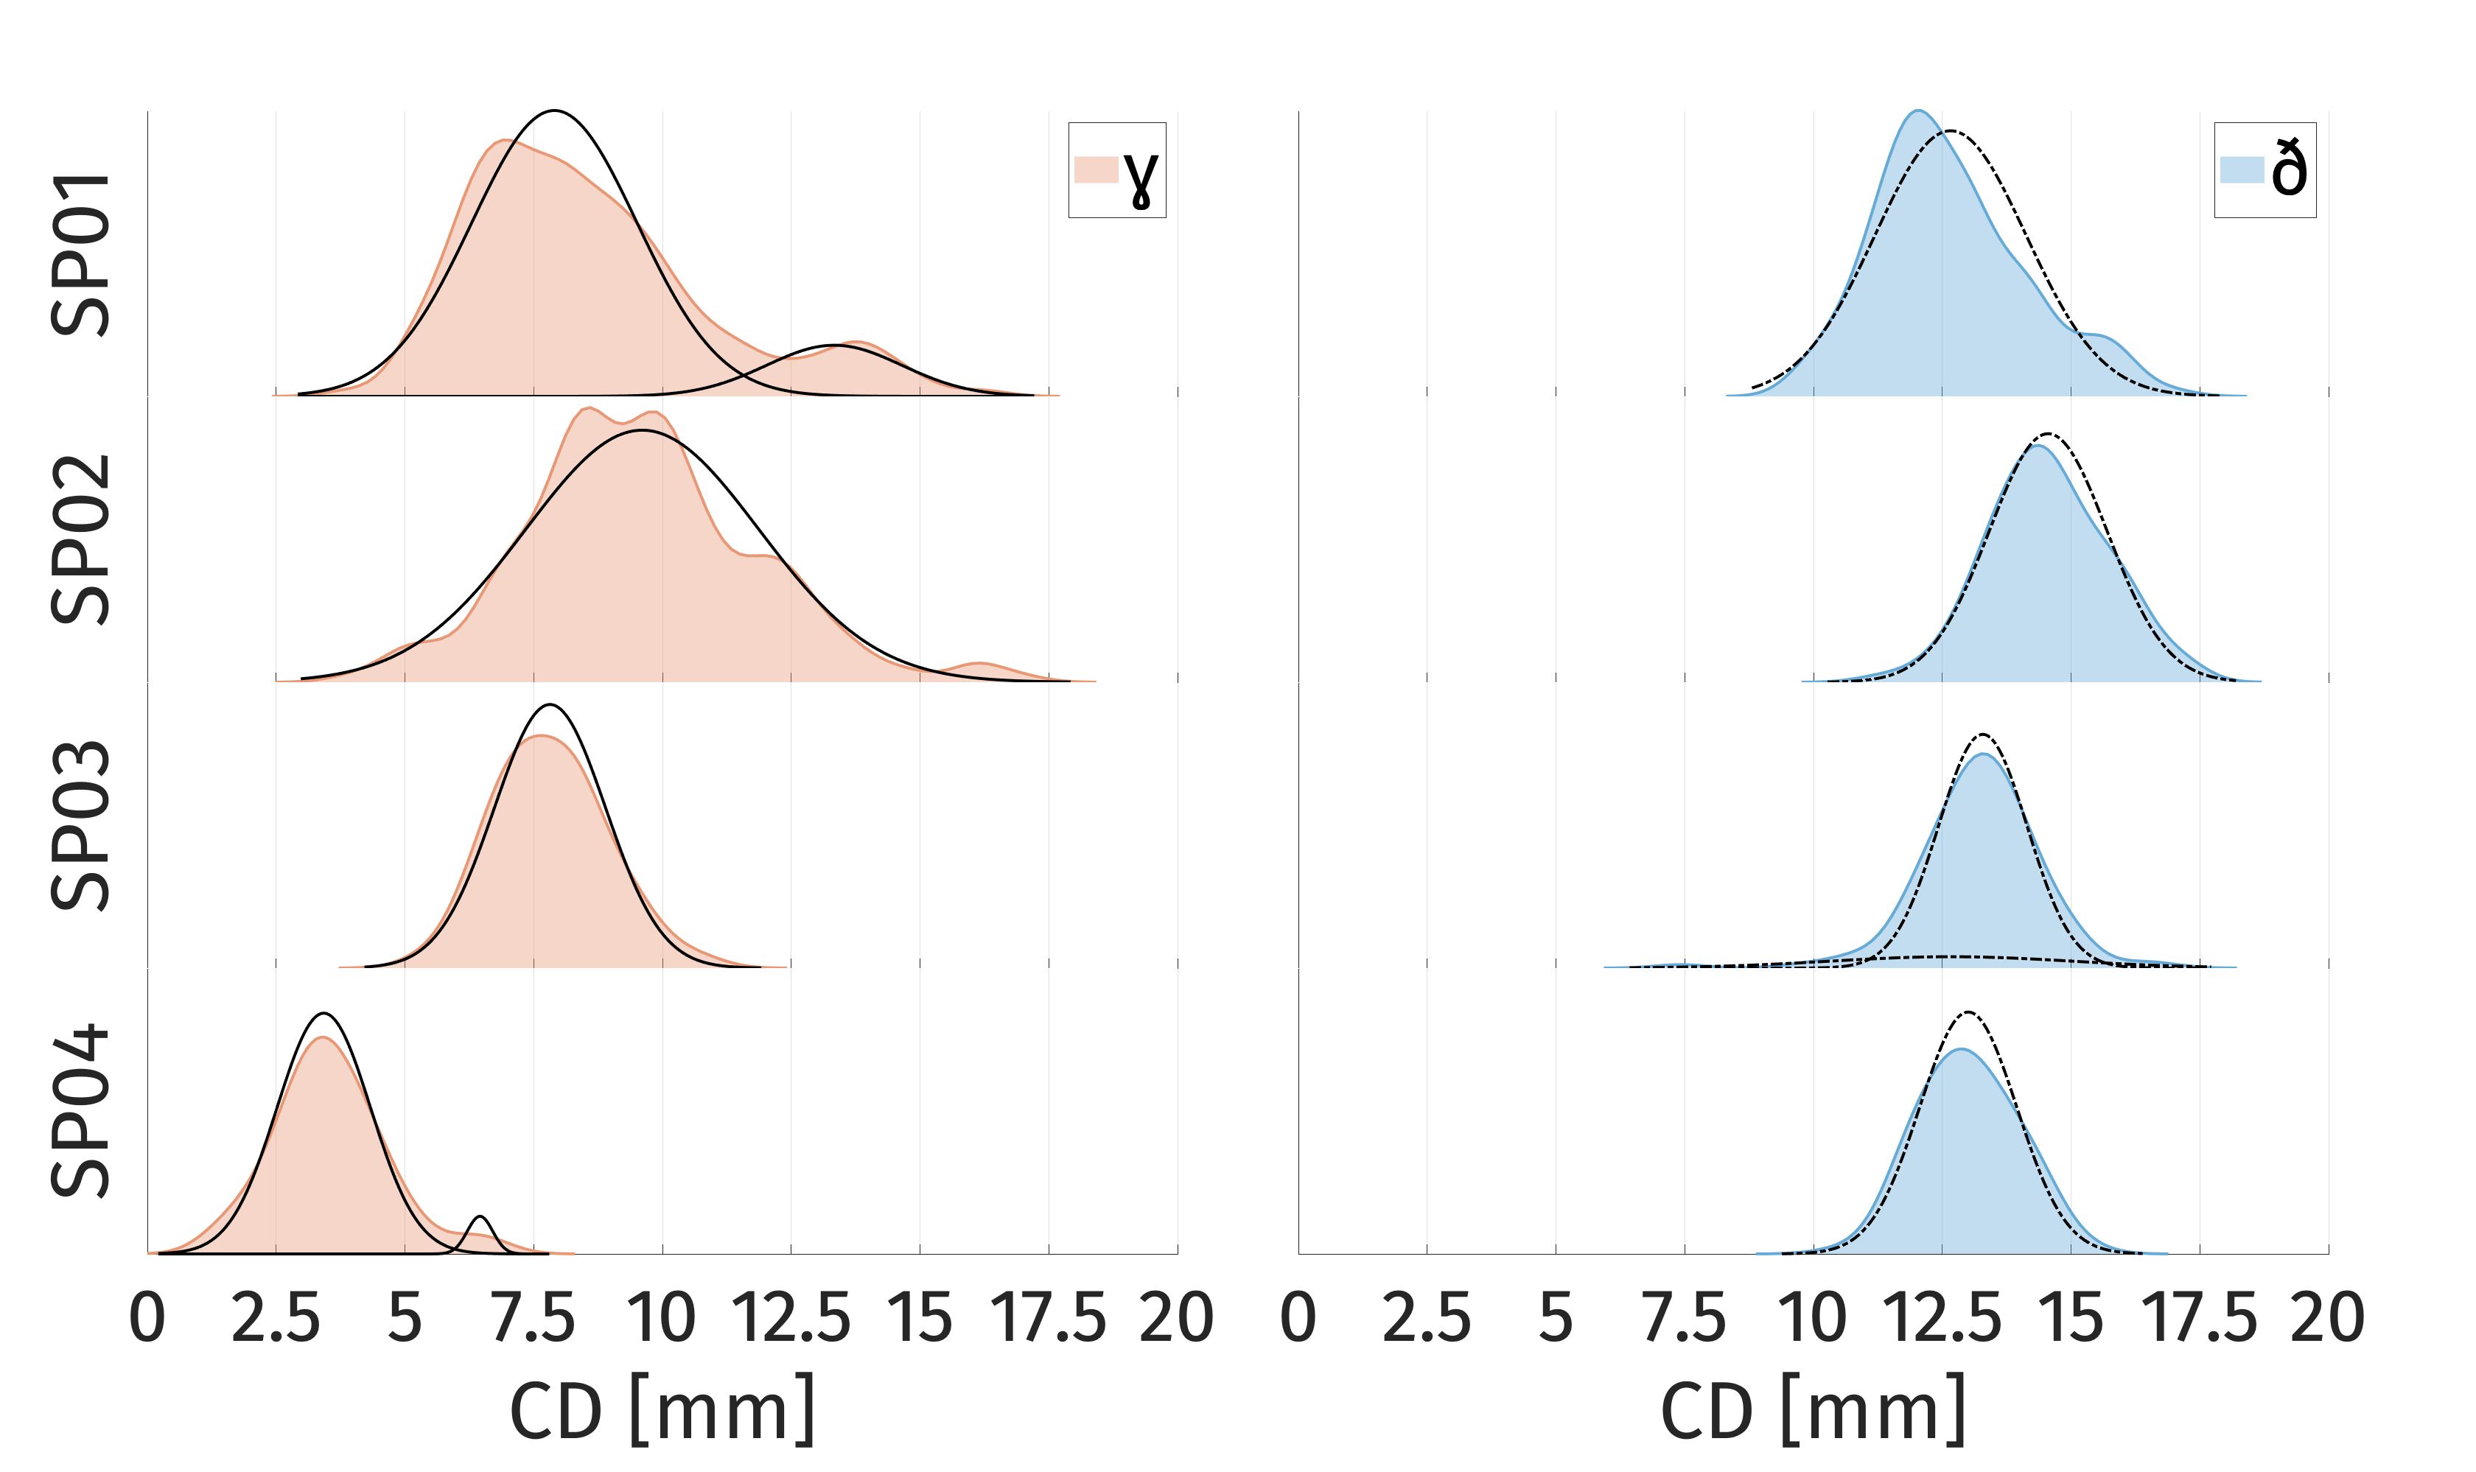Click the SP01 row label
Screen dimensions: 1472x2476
pyautogui.click(x=81, y=254)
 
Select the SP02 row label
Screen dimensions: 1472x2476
pyautogui.click(x=81, y=541)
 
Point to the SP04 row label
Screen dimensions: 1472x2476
pyautogui.click(x=81, y=1111)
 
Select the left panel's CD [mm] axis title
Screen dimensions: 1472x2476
pyautogui.click(x=662, y=1409)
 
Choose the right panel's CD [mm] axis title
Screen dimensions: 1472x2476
pyautogui.click(x=1812, y=1409)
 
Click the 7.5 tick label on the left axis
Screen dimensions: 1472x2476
pyautogui.click(x=534, y=1318)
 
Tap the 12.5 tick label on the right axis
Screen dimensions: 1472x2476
pyautogui.click(x=1941, y=1318)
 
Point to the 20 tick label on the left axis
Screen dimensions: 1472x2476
pyautogui.click(x=1177, y=1318)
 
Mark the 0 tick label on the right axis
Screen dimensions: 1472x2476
pyautogui.click(x=1298, y=1318)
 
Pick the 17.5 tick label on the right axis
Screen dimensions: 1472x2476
pyautogui.click(x=2199, y=1318)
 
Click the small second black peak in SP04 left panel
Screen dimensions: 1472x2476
pyautogui.click(x=481, y=1216)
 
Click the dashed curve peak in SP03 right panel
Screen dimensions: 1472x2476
pyautogui.click(x=1982, y=735)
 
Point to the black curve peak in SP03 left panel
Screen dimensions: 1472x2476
pyautogui.click(x=550, y=705)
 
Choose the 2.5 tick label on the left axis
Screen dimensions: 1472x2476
pyautogui.click(x=276, y=1318)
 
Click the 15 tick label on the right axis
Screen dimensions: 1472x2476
pyautogui.click(x=2070, y=1318)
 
